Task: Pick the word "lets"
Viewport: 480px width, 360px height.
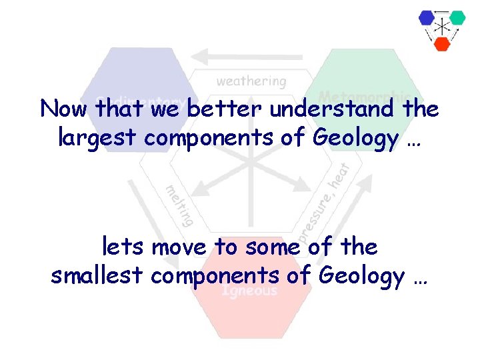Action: coord(124,247)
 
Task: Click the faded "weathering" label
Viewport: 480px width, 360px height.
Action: coord(251,81)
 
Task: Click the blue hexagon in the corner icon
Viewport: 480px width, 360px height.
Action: coord(427,18)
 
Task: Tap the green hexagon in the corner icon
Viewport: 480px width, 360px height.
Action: coord(457,17)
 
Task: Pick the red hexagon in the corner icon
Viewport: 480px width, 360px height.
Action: coord(442,43)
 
